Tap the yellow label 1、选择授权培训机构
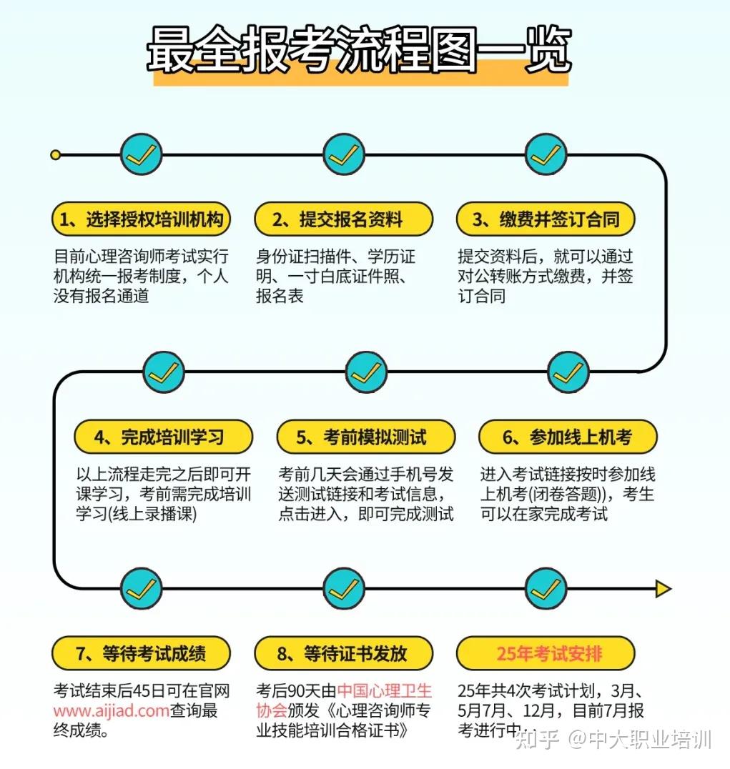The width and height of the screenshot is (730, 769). [x=141, y=219]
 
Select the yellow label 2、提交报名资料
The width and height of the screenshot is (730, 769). [x=343, y=219]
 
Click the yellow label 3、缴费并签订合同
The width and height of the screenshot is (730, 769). [x=546, y=219]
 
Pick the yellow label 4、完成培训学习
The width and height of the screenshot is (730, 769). [x=163, y=437]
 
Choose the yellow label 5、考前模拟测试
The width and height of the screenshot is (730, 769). [x=366, y=437]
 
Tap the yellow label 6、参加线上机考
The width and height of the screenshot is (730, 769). [x=568, y=437]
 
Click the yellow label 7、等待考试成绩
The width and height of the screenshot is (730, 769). [x=141, y=653]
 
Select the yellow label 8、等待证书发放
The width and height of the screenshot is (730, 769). [x=343, y=653]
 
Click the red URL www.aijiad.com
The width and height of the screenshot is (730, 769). [x=112, y=710]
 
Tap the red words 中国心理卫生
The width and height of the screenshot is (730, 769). [x=384, y=690]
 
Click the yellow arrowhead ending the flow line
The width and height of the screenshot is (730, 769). [x=664, y=588]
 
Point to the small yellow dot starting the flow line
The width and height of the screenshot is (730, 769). [x=56, y=155]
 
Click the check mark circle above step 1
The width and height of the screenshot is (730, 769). [x=142, y=155]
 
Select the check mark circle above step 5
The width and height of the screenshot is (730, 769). [x=366, y=372]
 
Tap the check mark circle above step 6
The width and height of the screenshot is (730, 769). [x=568, y=372]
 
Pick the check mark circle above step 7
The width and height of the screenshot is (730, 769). [x=142, y=588]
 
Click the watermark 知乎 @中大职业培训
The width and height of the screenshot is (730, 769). [x=613, y=740]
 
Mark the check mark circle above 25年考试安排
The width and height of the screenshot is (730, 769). [x=546, y=588]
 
